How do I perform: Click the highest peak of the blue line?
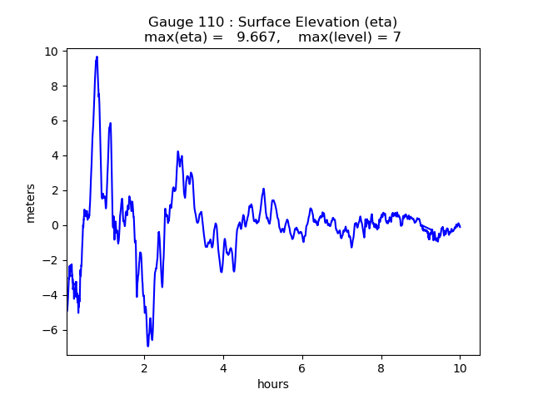(x=97, y=57)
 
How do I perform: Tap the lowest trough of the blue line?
(x=147, y=346)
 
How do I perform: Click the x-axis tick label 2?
(x=144, y=367)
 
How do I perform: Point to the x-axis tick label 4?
(x=223, y=367)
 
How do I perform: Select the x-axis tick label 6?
(x=302, y=367)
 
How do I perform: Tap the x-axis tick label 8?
(x=381, y=367)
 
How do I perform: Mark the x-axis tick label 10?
(x=460, y=367)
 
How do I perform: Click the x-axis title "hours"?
(x=273, y=384)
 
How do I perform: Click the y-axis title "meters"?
(x=31, y=203)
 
